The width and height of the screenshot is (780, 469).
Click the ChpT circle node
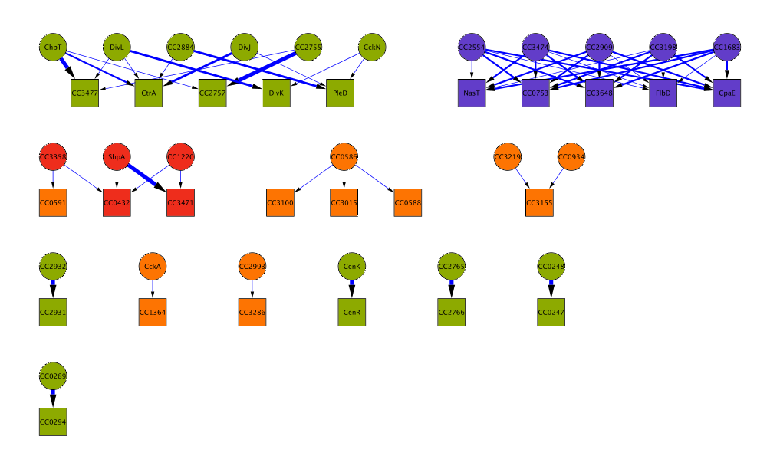[53, 48]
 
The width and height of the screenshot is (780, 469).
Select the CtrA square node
[149, 93]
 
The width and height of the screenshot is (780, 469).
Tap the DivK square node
[276, 93]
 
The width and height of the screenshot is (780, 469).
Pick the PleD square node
[340, 93]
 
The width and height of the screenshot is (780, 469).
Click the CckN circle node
[372, 48]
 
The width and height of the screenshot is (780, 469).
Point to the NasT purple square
[472, 93]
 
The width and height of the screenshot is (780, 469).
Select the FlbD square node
[663, 93]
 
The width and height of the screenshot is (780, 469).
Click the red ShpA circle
[117, 157]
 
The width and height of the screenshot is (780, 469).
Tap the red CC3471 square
[180, 202]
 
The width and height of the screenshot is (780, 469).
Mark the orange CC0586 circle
[344, 157]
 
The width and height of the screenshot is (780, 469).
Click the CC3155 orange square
[539, 202]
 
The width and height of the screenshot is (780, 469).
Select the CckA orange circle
[153, 267]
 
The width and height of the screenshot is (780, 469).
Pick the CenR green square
[352, 312]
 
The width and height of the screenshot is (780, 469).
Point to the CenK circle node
[352, 267]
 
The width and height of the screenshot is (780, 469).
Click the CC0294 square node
[53, 422]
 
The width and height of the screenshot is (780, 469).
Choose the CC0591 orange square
[53, 202]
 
